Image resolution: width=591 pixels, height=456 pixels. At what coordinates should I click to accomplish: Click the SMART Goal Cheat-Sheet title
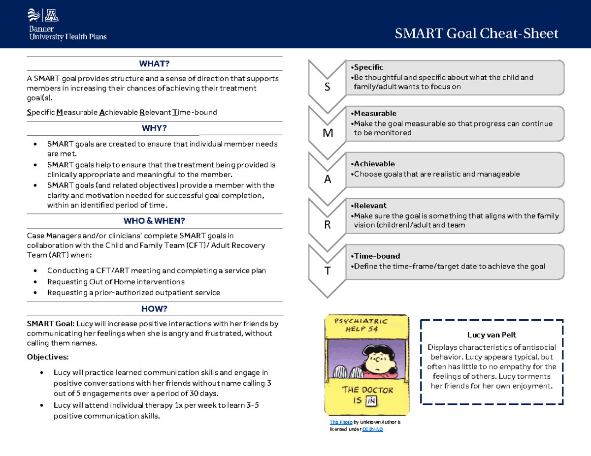pos(477,33)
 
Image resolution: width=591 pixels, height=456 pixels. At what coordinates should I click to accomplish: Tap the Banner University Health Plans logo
pos(67,25)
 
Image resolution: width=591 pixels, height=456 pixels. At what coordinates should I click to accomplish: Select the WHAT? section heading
pos(154,63)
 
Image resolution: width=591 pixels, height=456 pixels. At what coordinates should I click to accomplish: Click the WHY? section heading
pos(154,128)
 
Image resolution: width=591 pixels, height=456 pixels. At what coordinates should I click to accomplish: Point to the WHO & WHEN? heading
pos(154,221)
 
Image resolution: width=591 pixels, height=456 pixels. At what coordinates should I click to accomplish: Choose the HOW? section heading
pos(154,308)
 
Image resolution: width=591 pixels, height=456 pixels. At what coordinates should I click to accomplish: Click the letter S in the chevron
pos(328,87)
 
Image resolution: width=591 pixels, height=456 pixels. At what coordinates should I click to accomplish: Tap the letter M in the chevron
pos(328,133)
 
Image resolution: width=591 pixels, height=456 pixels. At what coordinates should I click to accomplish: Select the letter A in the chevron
pos(328,180)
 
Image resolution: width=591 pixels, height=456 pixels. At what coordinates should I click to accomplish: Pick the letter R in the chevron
pos(328,225)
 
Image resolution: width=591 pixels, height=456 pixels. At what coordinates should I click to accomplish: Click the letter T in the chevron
pos(328,271)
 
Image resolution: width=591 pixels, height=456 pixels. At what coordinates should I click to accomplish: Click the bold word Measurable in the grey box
pos(374,113)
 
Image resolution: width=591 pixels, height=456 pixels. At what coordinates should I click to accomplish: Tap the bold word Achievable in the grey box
pos(373,164)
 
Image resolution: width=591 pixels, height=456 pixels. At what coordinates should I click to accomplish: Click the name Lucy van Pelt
pos(492,335)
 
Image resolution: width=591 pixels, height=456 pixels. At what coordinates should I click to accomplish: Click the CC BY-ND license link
pos(372,429)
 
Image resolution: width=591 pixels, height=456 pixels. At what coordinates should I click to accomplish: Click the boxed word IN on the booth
pos(371,401)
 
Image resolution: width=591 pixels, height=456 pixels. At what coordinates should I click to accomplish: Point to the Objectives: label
pos(48,356)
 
